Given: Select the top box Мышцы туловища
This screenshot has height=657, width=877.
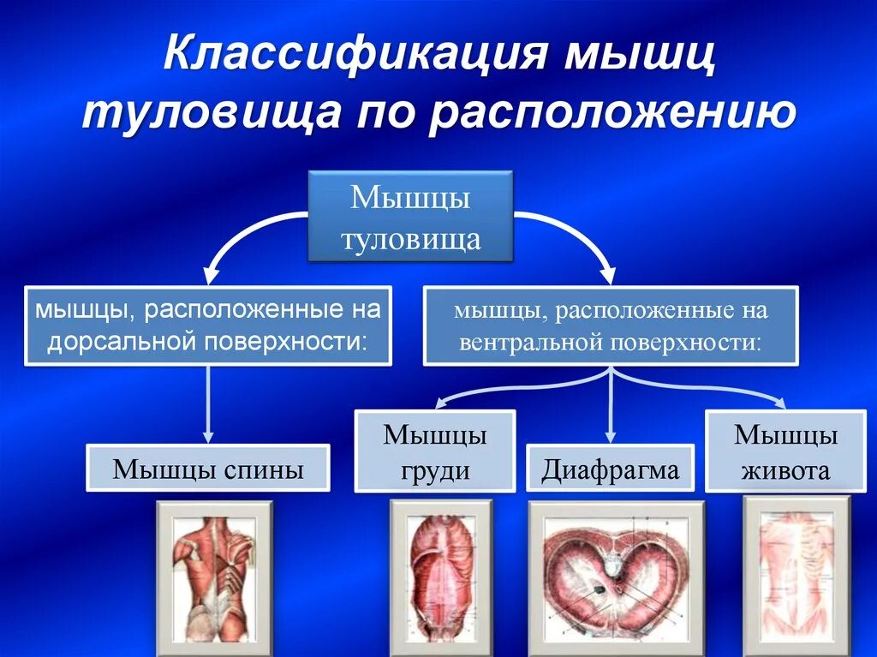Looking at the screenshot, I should click(x=410, y=217).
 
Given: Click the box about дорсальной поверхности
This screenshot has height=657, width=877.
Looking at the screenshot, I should click(x=208, y=326).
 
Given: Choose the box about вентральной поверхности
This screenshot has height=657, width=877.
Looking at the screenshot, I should click(x=611, y=326).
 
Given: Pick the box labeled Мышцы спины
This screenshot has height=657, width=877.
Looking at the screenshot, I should click(x=208, y=468).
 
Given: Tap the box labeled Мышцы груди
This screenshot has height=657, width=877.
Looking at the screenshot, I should click(x=435, y=451).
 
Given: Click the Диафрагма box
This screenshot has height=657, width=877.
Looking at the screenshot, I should click(x=610, y=468).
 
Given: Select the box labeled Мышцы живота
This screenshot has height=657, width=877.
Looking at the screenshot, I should click(x=785, y=451).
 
